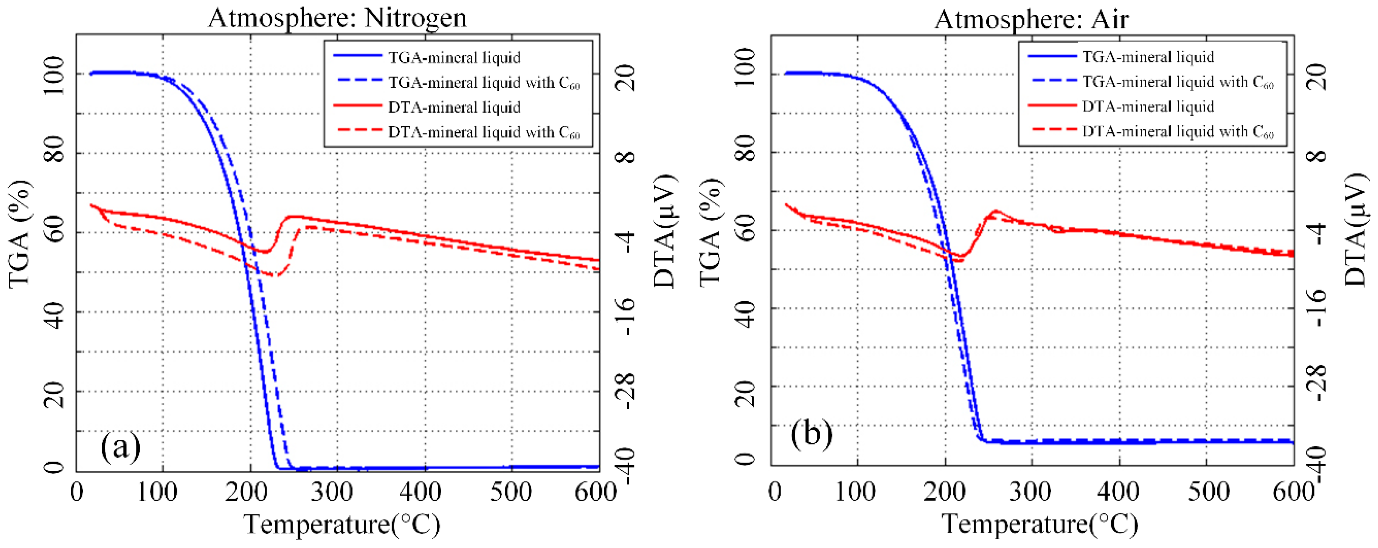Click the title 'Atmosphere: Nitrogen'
pyautogui.click(x=337, y=18)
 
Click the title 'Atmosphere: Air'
pyautogui.click(x=1031, y=19)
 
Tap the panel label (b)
pyautogui.click(x=812, y=433)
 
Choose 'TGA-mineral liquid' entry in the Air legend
pyautogui.click(x=1148, y=57)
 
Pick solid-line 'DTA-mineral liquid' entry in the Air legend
pyautogui.click(x=1148, y=107)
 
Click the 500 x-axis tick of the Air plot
pyautogui.click(x=1208, y=491)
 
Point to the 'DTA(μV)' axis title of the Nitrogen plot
pyautogui.click(x=666, y=231)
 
